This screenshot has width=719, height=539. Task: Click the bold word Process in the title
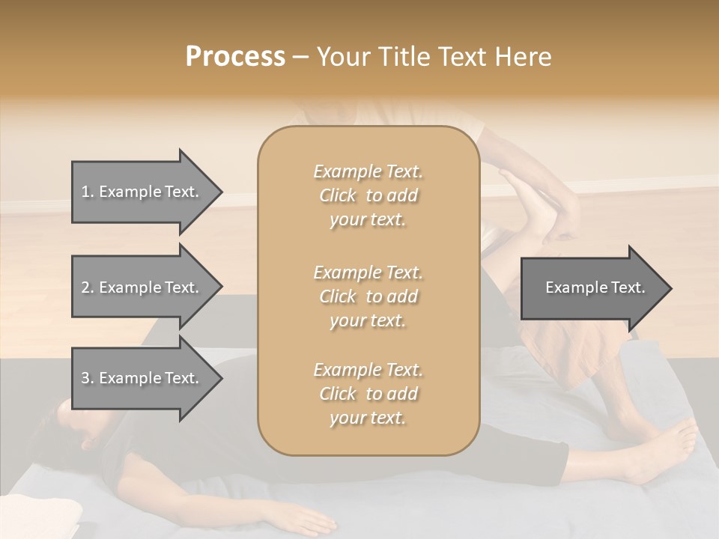(235, 57)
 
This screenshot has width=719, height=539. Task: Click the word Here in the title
(524, 57)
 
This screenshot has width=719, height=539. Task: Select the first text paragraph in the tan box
(368, 195)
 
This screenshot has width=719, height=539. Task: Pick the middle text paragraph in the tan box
(368, 296)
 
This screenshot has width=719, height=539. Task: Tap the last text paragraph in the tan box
(368, 394)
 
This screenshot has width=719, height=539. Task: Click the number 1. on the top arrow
(88, 192)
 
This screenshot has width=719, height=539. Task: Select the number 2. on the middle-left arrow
(88, 287)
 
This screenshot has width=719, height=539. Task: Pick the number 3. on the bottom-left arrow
(88, 378)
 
